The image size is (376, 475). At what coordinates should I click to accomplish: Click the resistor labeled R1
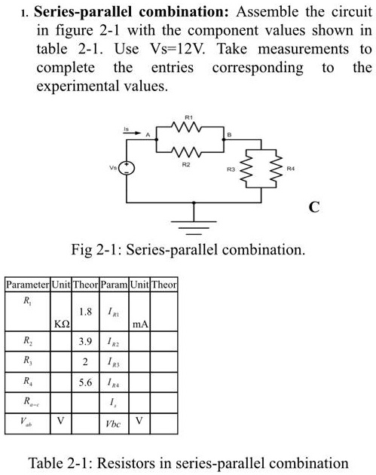[x=186, y=127]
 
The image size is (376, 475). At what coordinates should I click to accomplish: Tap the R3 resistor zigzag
[x=246, y=169]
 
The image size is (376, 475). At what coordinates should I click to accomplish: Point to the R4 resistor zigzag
[x=277, y=169]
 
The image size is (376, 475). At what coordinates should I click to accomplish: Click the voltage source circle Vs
[x=127, y=168]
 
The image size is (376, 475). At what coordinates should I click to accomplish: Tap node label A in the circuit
[x=148, y=135]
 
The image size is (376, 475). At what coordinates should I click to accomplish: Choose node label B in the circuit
[x=229, y=135]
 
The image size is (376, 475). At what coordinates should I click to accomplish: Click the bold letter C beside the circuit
[x=314, y=207]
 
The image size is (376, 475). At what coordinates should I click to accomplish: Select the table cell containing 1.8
[x=85, y=312]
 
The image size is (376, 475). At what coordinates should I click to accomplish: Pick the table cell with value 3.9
[x=85, y=342]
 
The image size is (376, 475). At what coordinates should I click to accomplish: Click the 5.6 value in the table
[x=85, y=382]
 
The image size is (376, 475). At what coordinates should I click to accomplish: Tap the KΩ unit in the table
[x=62, y=324]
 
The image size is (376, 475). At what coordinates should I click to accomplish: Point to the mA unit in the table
[x=140, y=324]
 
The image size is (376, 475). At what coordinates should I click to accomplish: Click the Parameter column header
[x=27, y=285]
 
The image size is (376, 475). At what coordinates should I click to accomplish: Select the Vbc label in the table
[x=113, y=424]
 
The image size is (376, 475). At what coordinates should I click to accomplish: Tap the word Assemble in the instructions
[x=267, y=12]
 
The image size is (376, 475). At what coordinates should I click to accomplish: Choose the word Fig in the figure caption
[x=81, y=250]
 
